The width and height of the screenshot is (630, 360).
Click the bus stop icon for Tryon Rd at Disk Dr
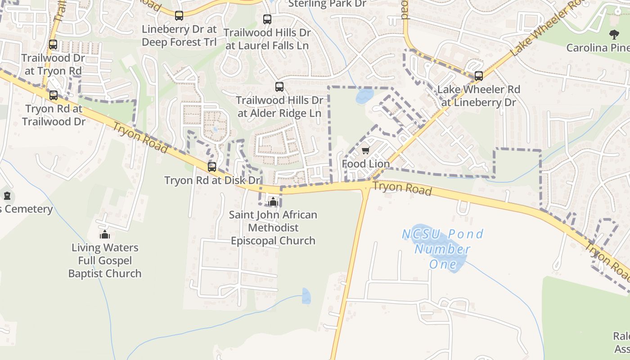[212, 167]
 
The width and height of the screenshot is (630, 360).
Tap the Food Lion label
[366, 164]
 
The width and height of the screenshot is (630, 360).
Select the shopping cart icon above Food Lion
[366, 150]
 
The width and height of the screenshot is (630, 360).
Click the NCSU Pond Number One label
[443, 249]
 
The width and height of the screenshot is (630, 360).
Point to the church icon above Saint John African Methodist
[273, 201]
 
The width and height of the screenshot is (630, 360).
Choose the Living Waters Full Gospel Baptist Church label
[105, 261]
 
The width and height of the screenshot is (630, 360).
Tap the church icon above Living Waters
[105, 234]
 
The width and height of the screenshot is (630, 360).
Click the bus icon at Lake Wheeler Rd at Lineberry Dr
[479, 76]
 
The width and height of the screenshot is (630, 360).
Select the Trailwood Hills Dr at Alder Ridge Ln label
[279, 107]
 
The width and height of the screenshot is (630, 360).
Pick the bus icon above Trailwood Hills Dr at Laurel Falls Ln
[267, 19]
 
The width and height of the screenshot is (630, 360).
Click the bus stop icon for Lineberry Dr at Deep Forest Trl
[179, 16]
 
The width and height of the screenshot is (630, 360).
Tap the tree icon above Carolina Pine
[613, 34]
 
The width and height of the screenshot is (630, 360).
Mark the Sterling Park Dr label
[327, 4]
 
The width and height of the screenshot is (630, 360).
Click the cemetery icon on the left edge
[7, 196]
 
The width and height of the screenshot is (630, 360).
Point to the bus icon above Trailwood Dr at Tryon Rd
[53, 45]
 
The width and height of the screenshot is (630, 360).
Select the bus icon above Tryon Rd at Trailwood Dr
[54, 95]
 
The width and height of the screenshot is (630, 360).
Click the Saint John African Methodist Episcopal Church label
[273, 228]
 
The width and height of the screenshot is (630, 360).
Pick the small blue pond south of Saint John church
[306, 296]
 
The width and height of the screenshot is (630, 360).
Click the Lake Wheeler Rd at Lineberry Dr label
[479, 96]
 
